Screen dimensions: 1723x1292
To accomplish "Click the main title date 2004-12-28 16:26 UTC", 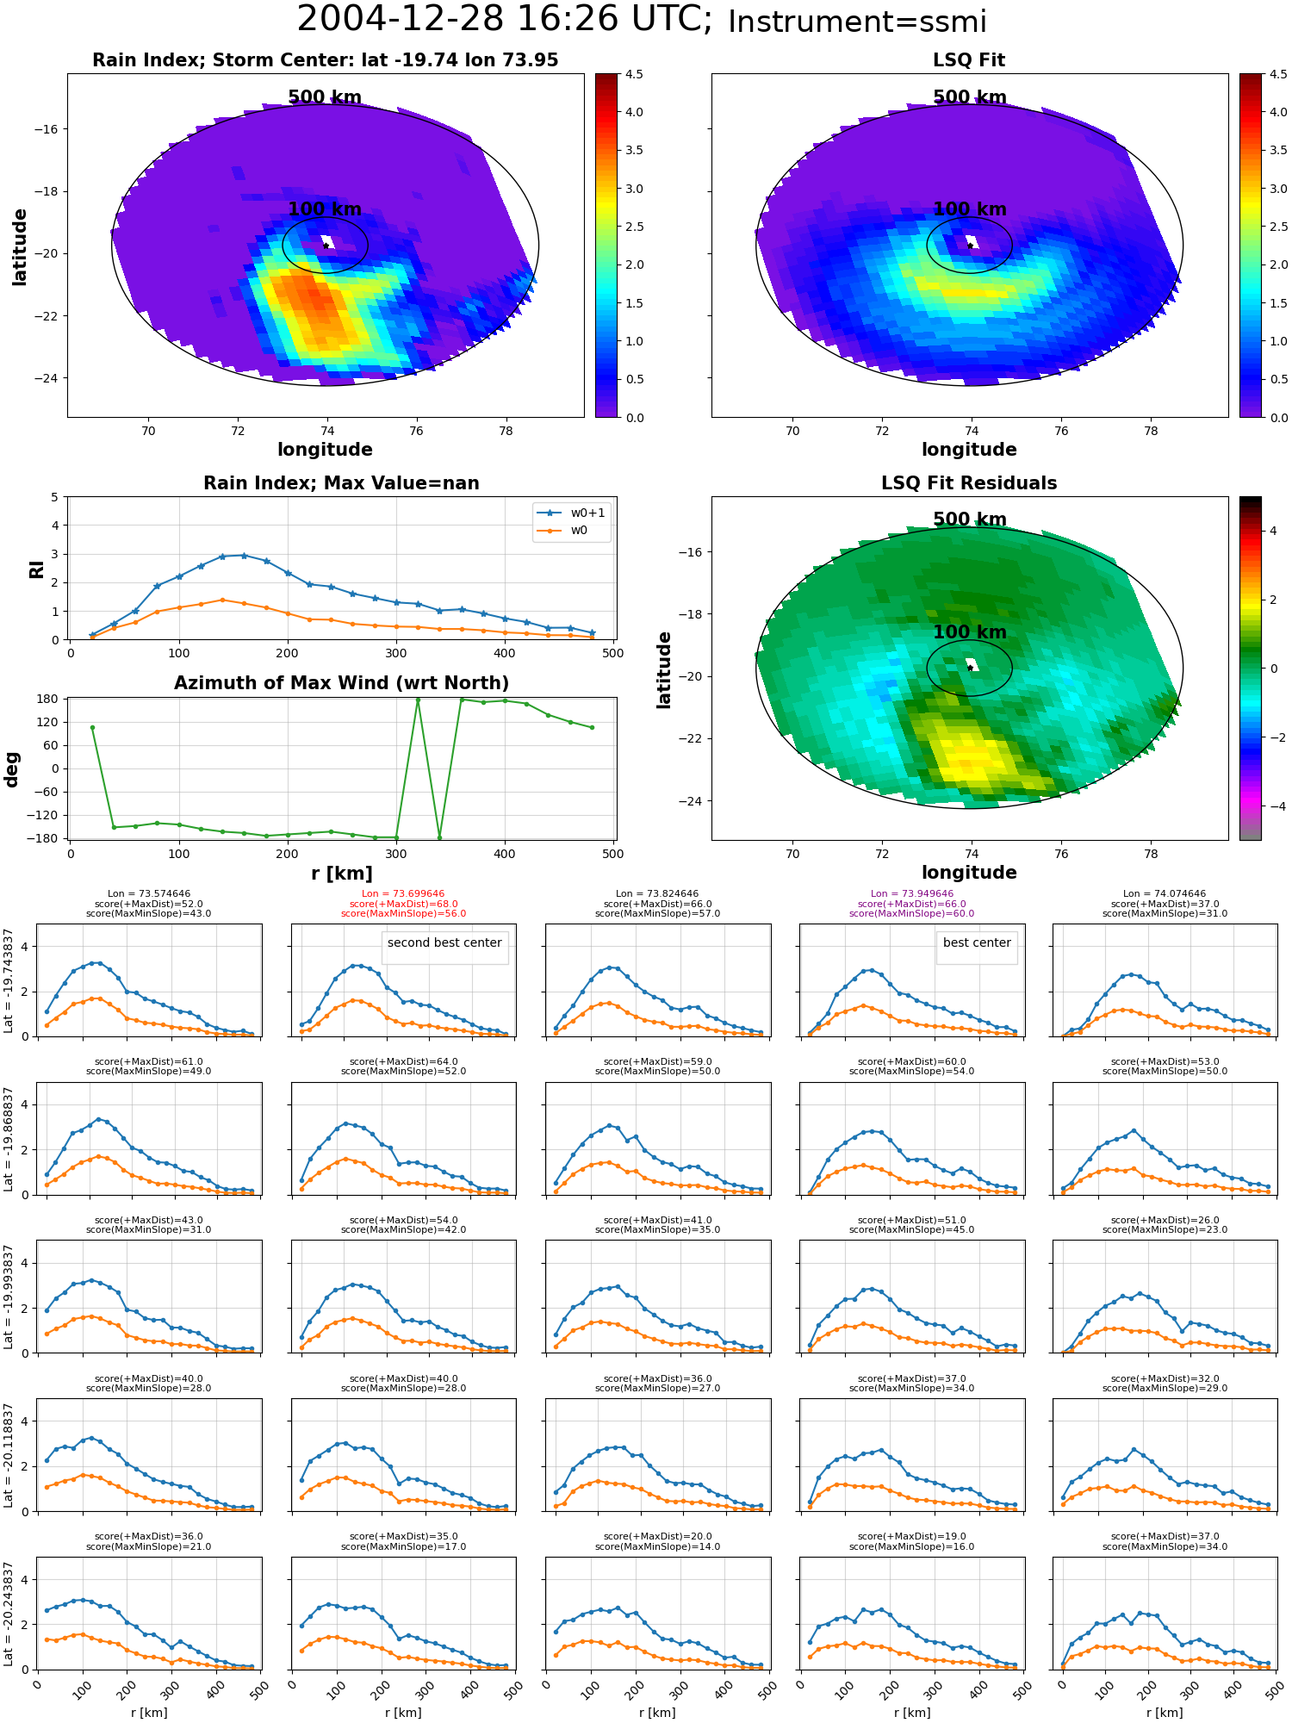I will (504, 20).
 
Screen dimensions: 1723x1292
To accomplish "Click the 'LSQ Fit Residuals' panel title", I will (969, 483).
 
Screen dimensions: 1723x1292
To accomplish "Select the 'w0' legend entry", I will (579, 530).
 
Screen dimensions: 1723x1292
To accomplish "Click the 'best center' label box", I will (976, 943).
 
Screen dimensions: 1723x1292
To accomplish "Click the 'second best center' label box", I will (444, 943).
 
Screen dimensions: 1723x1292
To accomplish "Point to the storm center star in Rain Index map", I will (326, 246).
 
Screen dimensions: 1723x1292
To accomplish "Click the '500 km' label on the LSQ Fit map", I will (969, 97).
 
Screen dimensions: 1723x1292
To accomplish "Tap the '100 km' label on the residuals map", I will (969, 632).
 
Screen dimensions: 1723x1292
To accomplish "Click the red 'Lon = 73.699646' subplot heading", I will (403, 894).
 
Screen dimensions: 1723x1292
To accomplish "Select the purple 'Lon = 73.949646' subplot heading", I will (911, 894).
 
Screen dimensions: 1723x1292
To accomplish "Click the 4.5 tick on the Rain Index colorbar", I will (634, 75).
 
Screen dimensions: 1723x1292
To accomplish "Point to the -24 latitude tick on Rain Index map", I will (46, 378).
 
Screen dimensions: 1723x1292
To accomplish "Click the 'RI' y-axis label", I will (36, 569).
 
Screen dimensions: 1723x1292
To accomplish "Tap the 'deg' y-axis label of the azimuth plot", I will (12, 769).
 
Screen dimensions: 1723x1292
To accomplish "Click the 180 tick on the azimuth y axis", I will (48, 699).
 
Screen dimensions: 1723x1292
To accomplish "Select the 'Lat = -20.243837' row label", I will (9, 1614).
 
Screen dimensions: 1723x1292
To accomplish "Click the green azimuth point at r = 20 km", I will (92, 727).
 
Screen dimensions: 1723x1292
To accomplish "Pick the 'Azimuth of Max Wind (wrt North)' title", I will (341, 683).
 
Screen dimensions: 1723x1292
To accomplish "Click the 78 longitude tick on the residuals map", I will (1151, 854).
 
